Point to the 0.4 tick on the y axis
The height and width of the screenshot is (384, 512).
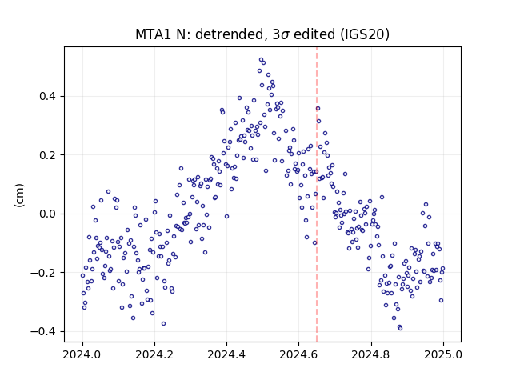pyautogui.click(x=48, y=96)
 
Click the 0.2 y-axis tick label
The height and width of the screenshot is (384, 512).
pyautogui.click(x=48, y=155)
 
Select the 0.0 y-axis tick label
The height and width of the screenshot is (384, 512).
pyautogui.click(x=48, y=214)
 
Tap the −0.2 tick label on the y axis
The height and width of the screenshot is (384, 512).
pyautogui.click(x=43, y=273)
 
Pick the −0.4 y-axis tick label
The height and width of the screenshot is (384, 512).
pyautogui.click(x=43, y=331)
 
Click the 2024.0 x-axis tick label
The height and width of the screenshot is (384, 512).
pyautogui.click(x=82, y=354)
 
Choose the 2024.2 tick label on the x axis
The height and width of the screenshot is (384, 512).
pyautogui.click(x=154, y=354)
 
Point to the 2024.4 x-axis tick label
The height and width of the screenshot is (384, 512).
pyautogui.click(x=226, y=354)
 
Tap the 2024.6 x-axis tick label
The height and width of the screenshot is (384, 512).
pyautogui.click(x=298, y=354)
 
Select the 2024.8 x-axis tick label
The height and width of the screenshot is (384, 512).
pyautogui.click(x=371, y=354)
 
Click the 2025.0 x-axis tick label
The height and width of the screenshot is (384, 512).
pyautogui.click(x=443, y=354)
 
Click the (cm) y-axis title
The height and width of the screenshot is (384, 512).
pyautogui.click(x=19, y=195)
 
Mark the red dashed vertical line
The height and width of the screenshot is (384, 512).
pyautogui.click(x=317, y=194)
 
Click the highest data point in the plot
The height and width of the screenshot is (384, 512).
pyautogui.click(x=262, y=60)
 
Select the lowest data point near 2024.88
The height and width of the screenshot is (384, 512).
pyautogui.click(x=400, y=328)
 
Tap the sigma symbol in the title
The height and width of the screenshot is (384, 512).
pyautogui.click(x=285, y=35)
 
